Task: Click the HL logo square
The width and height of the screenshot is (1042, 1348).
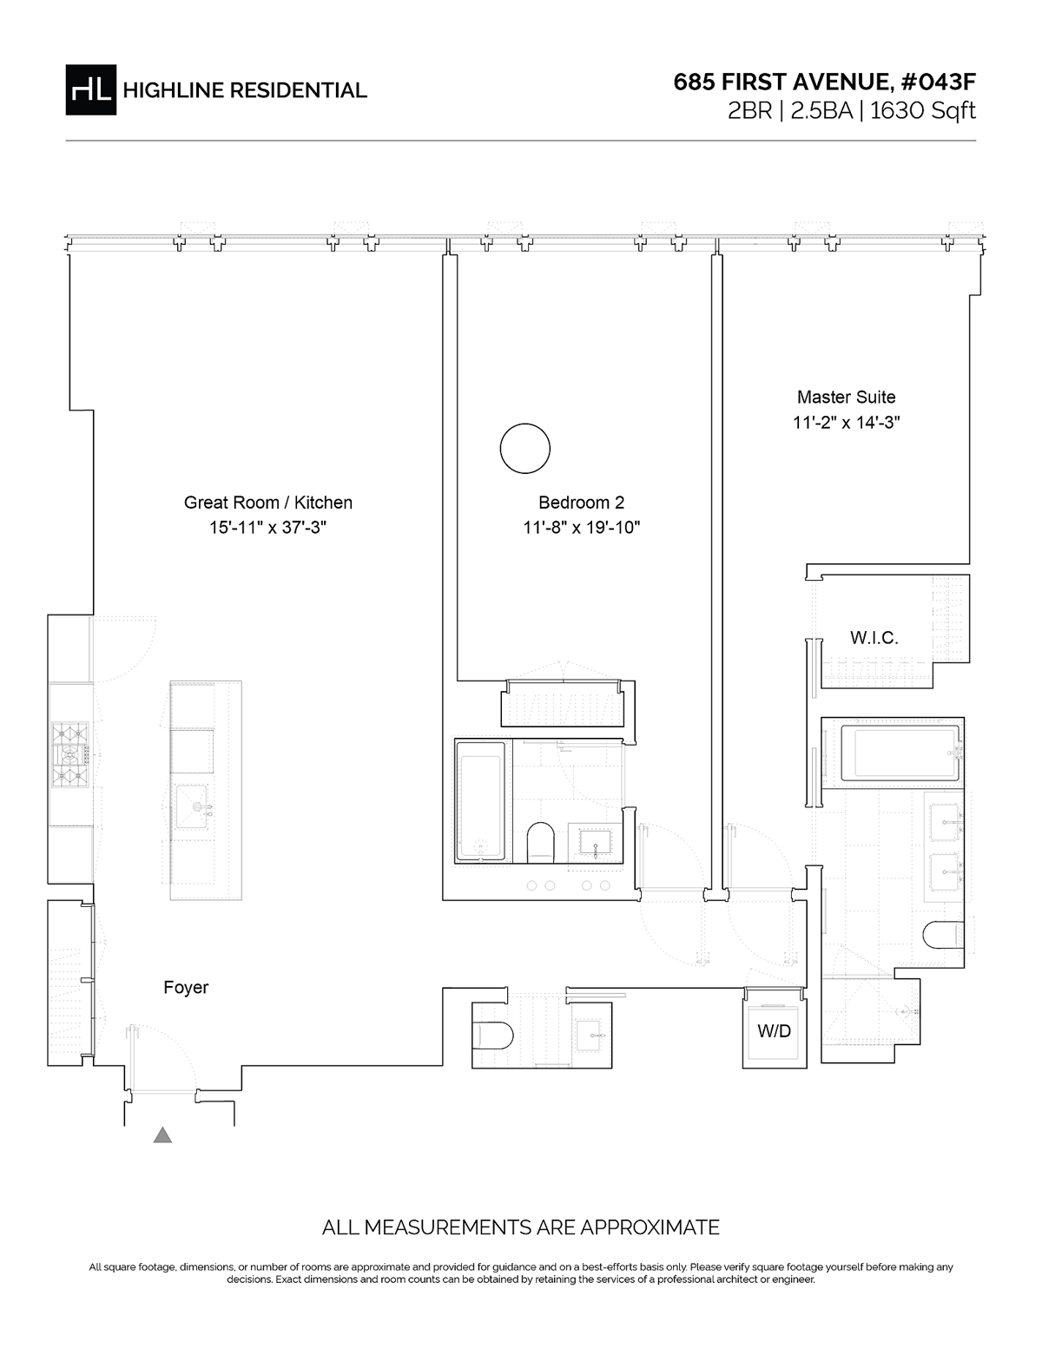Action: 90,90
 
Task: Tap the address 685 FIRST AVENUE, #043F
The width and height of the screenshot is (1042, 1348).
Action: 825,82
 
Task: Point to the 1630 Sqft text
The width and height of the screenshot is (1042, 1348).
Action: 923,111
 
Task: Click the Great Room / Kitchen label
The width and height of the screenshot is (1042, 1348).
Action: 268,503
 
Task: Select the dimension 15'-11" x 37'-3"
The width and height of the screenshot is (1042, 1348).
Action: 268,527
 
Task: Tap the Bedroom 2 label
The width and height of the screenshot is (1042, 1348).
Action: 582,503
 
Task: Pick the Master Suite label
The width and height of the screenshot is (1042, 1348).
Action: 847,397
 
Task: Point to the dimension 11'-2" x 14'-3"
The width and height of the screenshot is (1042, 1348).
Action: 847,423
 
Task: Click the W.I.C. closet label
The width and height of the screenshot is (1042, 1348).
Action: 874,638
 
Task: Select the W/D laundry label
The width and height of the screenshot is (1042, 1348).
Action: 775,1031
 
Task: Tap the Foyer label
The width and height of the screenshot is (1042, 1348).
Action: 186,987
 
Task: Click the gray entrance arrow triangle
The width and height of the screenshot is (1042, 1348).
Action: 162,1134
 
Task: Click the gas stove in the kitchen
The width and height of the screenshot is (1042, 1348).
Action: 69,755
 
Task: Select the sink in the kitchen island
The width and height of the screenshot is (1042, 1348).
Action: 193,806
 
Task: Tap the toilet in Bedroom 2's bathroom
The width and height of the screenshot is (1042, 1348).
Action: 541,843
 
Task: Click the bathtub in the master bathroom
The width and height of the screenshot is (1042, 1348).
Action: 893,753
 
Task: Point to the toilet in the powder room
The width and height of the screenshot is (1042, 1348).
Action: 493,1036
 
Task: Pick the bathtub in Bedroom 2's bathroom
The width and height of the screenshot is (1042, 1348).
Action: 481,801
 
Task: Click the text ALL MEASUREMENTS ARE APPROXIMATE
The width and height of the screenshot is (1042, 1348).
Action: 521,1227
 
